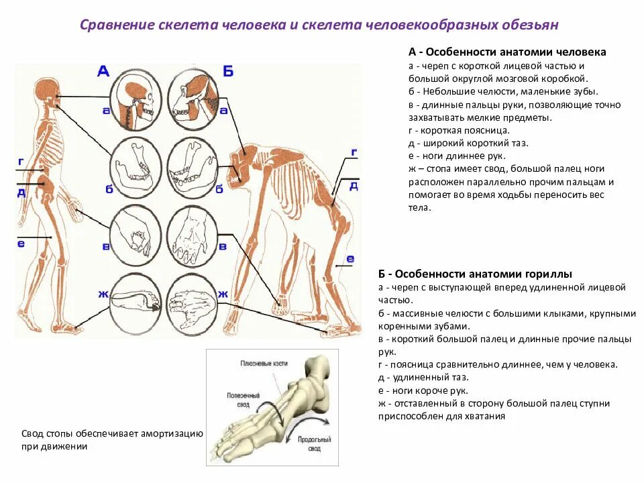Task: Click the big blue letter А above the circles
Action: (103, 70)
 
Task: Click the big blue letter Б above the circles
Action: (227, 70)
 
